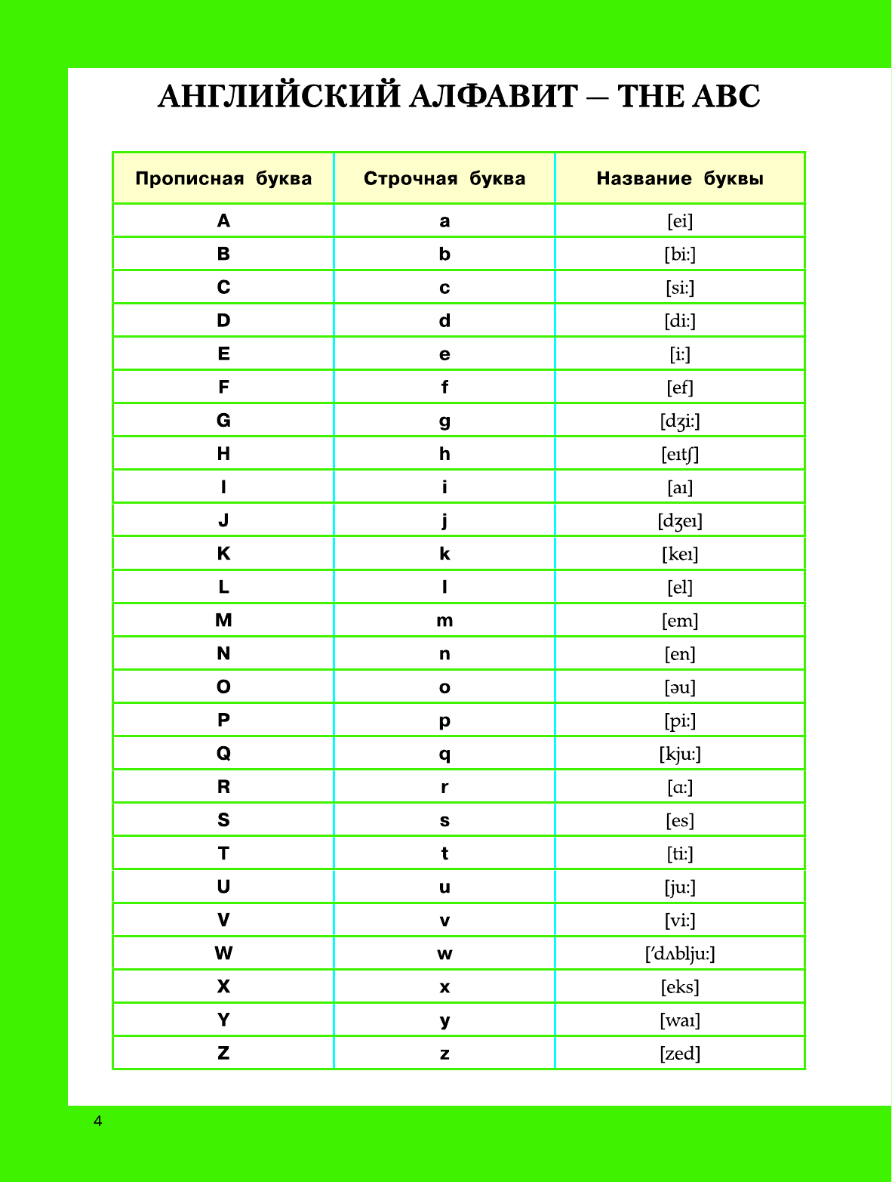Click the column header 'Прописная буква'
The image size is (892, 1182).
(x=223, y=179)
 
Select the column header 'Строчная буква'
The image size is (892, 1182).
(x=444, y=179)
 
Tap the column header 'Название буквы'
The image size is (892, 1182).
(x=680, y=179)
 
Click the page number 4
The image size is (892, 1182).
(x=97, y=1121)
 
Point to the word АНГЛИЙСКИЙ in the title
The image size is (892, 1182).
(x=278, y=97)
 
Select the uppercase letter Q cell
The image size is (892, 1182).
(x=223, y=754)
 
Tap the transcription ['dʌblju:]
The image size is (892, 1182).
(x=680, y=954)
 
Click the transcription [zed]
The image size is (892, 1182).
(x=680, y=1054)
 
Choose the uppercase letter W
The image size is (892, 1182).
(x=223, y=954)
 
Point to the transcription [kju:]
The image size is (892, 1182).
(x=680, y=754)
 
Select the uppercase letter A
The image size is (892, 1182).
(x=223, y=221)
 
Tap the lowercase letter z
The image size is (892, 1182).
(x=444, y=1054)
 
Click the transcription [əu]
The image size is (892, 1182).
(x=680, y=687)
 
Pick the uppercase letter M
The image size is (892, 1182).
(x=223, y=621)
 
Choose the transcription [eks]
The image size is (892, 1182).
(x=680, y=987)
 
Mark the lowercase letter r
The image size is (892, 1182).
(x=444, y=787)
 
